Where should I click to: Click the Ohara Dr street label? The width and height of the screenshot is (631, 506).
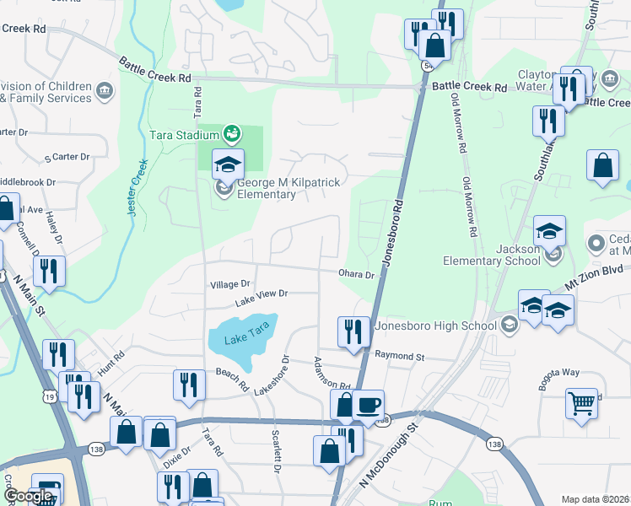click(x=356, y=275)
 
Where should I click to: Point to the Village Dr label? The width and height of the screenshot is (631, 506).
click(x=230, y=285)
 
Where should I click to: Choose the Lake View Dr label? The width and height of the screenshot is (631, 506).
click(x=262, y=294)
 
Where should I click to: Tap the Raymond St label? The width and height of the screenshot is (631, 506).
click(x=399, y=358)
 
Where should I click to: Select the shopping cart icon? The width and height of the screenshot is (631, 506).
click(x=581, y=402)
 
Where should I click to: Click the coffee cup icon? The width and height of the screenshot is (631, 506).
click(x=368, y=405)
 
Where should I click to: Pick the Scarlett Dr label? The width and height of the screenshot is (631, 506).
click(x=277, y=451)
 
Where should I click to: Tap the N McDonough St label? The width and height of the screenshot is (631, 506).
click(x=389, y=454)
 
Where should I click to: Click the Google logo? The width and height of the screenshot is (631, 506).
click(x=28, y=497)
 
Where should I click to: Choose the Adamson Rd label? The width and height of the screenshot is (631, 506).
click(x=332, y=374)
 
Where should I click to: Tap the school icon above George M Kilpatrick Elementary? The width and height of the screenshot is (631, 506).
click(x=228, y=164)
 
